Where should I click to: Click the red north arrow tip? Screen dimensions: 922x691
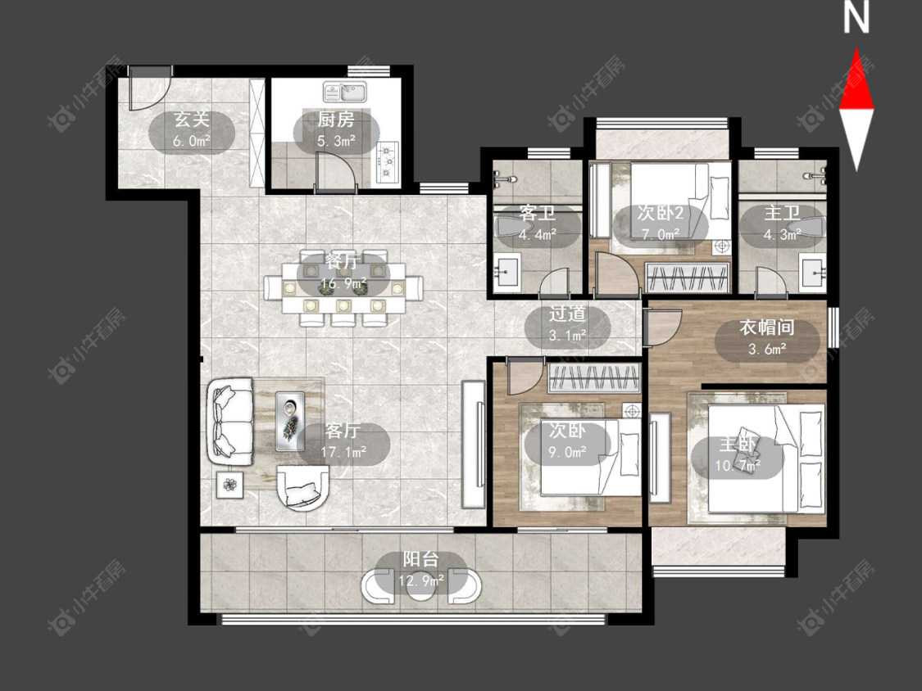coord(856,49)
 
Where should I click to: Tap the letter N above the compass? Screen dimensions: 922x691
coord(856,17)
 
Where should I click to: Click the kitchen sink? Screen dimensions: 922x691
coord(344,92)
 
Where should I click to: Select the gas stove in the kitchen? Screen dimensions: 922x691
coord(387,160)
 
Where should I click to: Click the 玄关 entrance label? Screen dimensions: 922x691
coord(192,120)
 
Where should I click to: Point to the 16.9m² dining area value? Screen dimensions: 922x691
coord(343,284)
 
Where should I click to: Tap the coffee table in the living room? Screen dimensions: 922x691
coord(290,422)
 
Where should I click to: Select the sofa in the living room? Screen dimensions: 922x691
coord(230,422)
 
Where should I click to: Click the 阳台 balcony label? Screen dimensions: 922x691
coord(421,559)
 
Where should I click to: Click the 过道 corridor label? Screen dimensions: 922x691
coord(567,314)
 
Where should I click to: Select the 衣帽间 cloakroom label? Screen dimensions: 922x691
coord(767,327)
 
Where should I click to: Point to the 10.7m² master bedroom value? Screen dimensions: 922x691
coord(738,466)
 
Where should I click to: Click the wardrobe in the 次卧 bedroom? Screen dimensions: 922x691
coord(594,377)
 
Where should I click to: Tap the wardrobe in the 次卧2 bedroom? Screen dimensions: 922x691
coord(688,277)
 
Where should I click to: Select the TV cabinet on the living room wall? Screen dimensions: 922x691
coord(473,445)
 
